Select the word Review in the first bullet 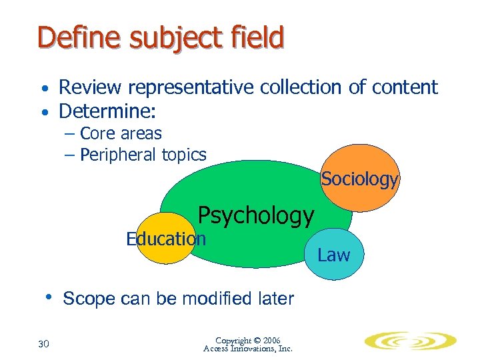tap(91, 87)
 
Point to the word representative tap(190, 87)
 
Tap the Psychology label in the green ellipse tap(256, 215)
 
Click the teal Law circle tap(335, 255)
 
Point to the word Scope tap(89, 299)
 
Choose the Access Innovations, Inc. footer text tap(248, 349)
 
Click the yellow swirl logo tap(410, 341)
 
